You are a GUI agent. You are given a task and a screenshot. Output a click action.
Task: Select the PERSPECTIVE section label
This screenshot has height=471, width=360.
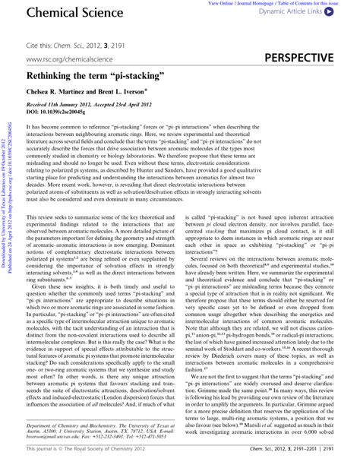[297, 58]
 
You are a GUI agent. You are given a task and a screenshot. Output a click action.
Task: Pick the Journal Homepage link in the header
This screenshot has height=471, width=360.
[256, 3]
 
